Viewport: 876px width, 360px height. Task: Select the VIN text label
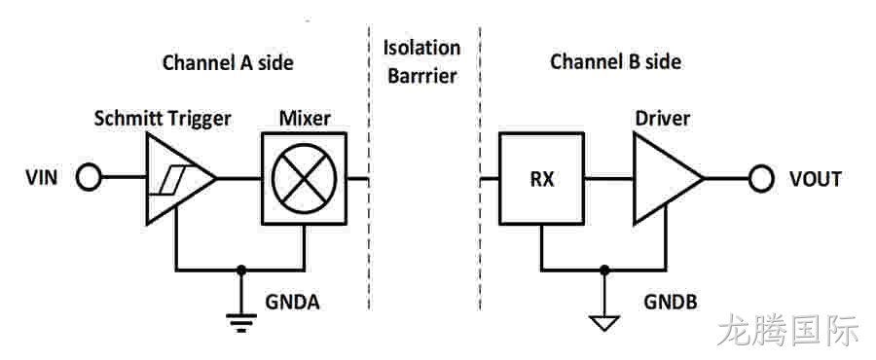pos(41,179)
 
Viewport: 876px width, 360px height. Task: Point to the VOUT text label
pos(815,179)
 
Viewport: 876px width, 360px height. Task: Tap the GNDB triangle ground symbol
pos(603,323)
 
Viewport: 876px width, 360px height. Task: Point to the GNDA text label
pos(292,302)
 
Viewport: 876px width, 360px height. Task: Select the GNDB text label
pos(671,302)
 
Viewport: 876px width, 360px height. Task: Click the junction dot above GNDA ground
pos(240,270)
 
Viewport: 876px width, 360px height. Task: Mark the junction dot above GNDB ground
pos(603,270)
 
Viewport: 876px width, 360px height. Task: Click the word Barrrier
pos(422,76)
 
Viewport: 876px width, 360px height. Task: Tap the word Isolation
pos(421,48)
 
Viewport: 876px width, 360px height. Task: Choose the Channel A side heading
pos(228,62)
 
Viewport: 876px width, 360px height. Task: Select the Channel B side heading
pos(616,62)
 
